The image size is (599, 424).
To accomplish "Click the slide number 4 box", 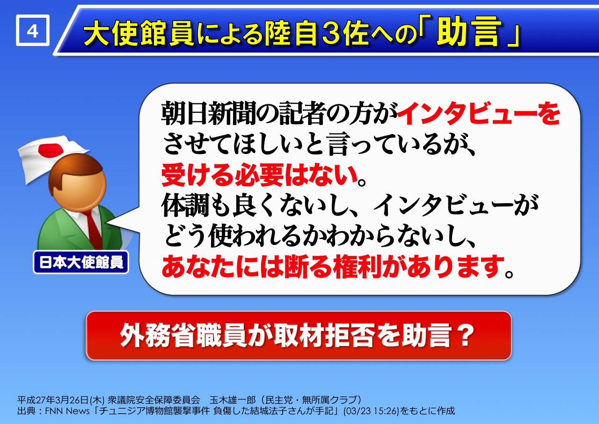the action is pyautogui.click(x=33, y=30).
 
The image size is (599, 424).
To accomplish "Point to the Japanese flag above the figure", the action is pyautogui.click(x=51, y=158).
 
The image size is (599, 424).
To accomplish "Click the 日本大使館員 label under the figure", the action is pyautogui.click(x=81, y=262).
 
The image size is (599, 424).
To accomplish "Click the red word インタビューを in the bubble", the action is pyautogui.click(x=479, y=113).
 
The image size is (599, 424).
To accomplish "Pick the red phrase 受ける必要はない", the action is pyautogui.click(x=260, y=175).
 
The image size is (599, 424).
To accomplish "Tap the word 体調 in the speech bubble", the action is pyautogui.click(x=185, y=205).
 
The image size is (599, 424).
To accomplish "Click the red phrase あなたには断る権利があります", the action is pyautogui.click(x=333, y=266).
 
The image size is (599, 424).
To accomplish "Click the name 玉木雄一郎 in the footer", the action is pyautogui.click(x=233, y=400).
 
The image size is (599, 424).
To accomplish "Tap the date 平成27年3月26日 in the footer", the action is pyautogui.click(x=53, y=400).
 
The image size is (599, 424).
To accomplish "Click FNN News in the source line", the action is pyautogui.click(x=67, y=411).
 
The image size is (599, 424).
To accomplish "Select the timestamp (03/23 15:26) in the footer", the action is pyautogui.click(x=371, y=411).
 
